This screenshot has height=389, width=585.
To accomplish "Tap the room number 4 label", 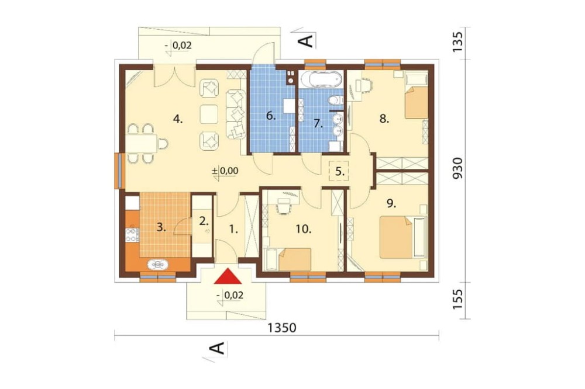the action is click(x=178, y=120).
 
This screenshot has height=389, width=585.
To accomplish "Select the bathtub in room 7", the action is click(x=321, y=79).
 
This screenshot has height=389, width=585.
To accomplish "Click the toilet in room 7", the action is click(x=335, y=100).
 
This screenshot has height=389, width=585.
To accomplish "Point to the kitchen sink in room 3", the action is click(x=158, y=264).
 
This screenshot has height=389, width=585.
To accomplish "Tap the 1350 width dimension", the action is click(x=282, y=328).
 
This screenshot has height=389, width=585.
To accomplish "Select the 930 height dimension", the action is click(x=457, y=168).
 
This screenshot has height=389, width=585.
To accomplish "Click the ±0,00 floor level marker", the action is click(x=225, y=171).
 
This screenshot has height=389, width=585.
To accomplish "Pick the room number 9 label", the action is click(x=391, y=203).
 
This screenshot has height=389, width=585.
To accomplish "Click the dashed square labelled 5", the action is click(x=339, y=171).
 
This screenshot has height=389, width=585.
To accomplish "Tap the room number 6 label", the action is click(x=270, y=116).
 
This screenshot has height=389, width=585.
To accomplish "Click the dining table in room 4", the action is click(x=142, y=143).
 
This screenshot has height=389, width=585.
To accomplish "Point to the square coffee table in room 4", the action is click(x=209, y=114).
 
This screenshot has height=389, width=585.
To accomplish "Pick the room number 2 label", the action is click(x=204, y=221).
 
